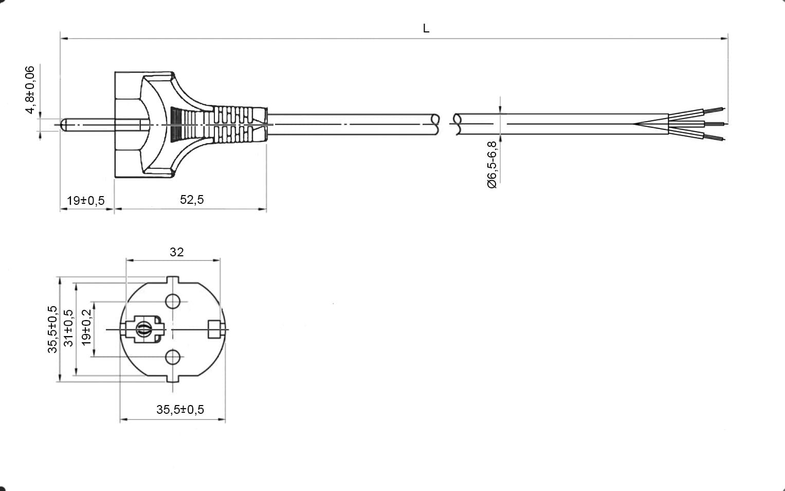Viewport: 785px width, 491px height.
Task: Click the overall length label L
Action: click(x=426, y=28)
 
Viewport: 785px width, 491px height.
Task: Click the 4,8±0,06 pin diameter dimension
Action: click(x=30, y=90)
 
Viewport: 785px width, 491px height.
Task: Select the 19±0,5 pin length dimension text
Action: click(x=86, y=200)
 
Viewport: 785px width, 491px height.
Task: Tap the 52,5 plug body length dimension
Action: click(x=192, y=199)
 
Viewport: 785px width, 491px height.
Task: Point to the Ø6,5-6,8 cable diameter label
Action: click(x=492, y=165)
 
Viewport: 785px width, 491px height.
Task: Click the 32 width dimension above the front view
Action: click(x=177, y=252)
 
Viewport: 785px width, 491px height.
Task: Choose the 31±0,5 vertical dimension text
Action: click(x=69, y=328)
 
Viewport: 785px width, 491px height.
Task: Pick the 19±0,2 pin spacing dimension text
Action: click(x=86, y=327)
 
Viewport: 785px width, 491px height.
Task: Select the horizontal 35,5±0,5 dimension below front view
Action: click(x=180, y=409)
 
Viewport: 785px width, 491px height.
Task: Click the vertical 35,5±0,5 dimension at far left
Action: click(x=52, y=329)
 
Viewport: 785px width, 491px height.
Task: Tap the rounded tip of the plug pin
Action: click(x=64, y=125)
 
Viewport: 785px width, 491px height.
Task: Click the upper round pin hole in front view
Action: click(x=173, y=301)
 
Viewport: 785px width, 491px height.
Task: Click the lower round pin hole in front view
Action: click(x=173, y=357)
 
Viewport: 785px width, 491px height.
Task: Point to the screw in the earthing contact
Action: click(x=143, y=329)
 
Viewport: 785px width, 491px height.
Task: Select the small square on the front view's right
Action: click(x=214, y=329)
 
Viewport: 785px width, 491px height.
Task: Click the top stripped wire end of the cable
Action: click(x=714, y=110)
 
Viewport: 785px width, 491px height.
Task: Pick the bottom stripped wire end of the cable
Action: click(x=714, y=137)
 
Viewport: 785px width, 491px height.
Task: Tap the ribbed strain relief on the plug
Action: click(x=233, y=125)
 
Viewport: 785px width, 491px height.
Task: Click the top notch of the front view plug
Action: click(x=172, y=279)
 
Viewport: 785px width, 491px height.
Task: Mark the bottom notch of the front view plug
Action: click(x=172, y=378)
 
